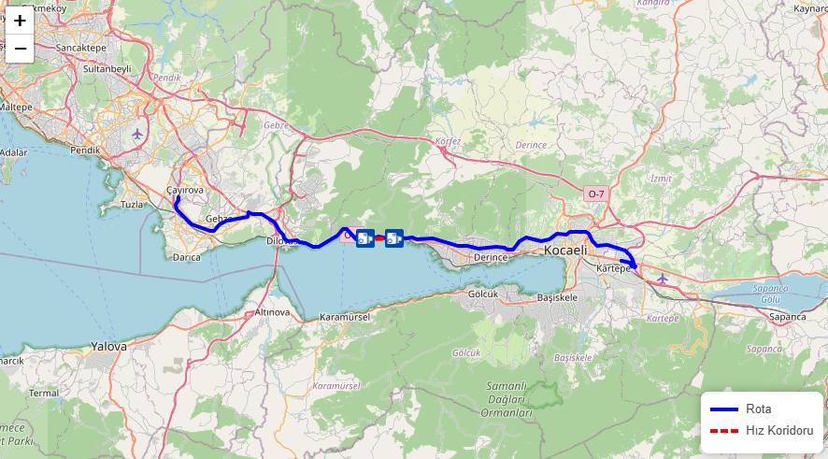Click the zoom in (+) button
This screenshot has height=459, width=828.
click(19, 21)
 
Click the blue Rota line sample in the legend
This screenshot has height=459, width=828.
click(724, 409)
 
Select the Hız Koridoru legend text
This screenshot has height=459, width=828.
click(779, 430)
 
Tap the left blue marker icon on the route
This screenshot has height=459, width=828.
click(365, 238)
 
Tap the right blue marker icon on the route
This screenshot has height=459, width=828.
click(394, 238)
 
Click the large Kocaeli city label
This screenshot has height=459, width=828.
click(566, 251)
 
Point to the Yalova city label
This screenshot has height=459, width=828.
click(107, 346)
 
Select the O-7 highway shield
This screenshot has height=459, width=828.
click(595, 194)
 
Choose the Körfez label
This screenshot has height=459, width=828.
click(449, 142)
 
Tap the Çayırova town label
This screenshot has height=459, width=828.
click(184, 190)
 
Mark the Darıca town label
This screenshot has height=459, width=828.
click(186, 256)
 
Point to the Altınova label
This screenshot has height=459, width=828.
click(274, 311)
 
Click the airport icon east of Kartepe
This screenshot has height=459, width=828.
click(664, 279)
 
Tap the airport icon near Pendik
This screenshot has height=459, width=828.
click(138, 134)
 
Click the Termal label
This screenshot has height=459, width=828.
click(43, 393)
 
